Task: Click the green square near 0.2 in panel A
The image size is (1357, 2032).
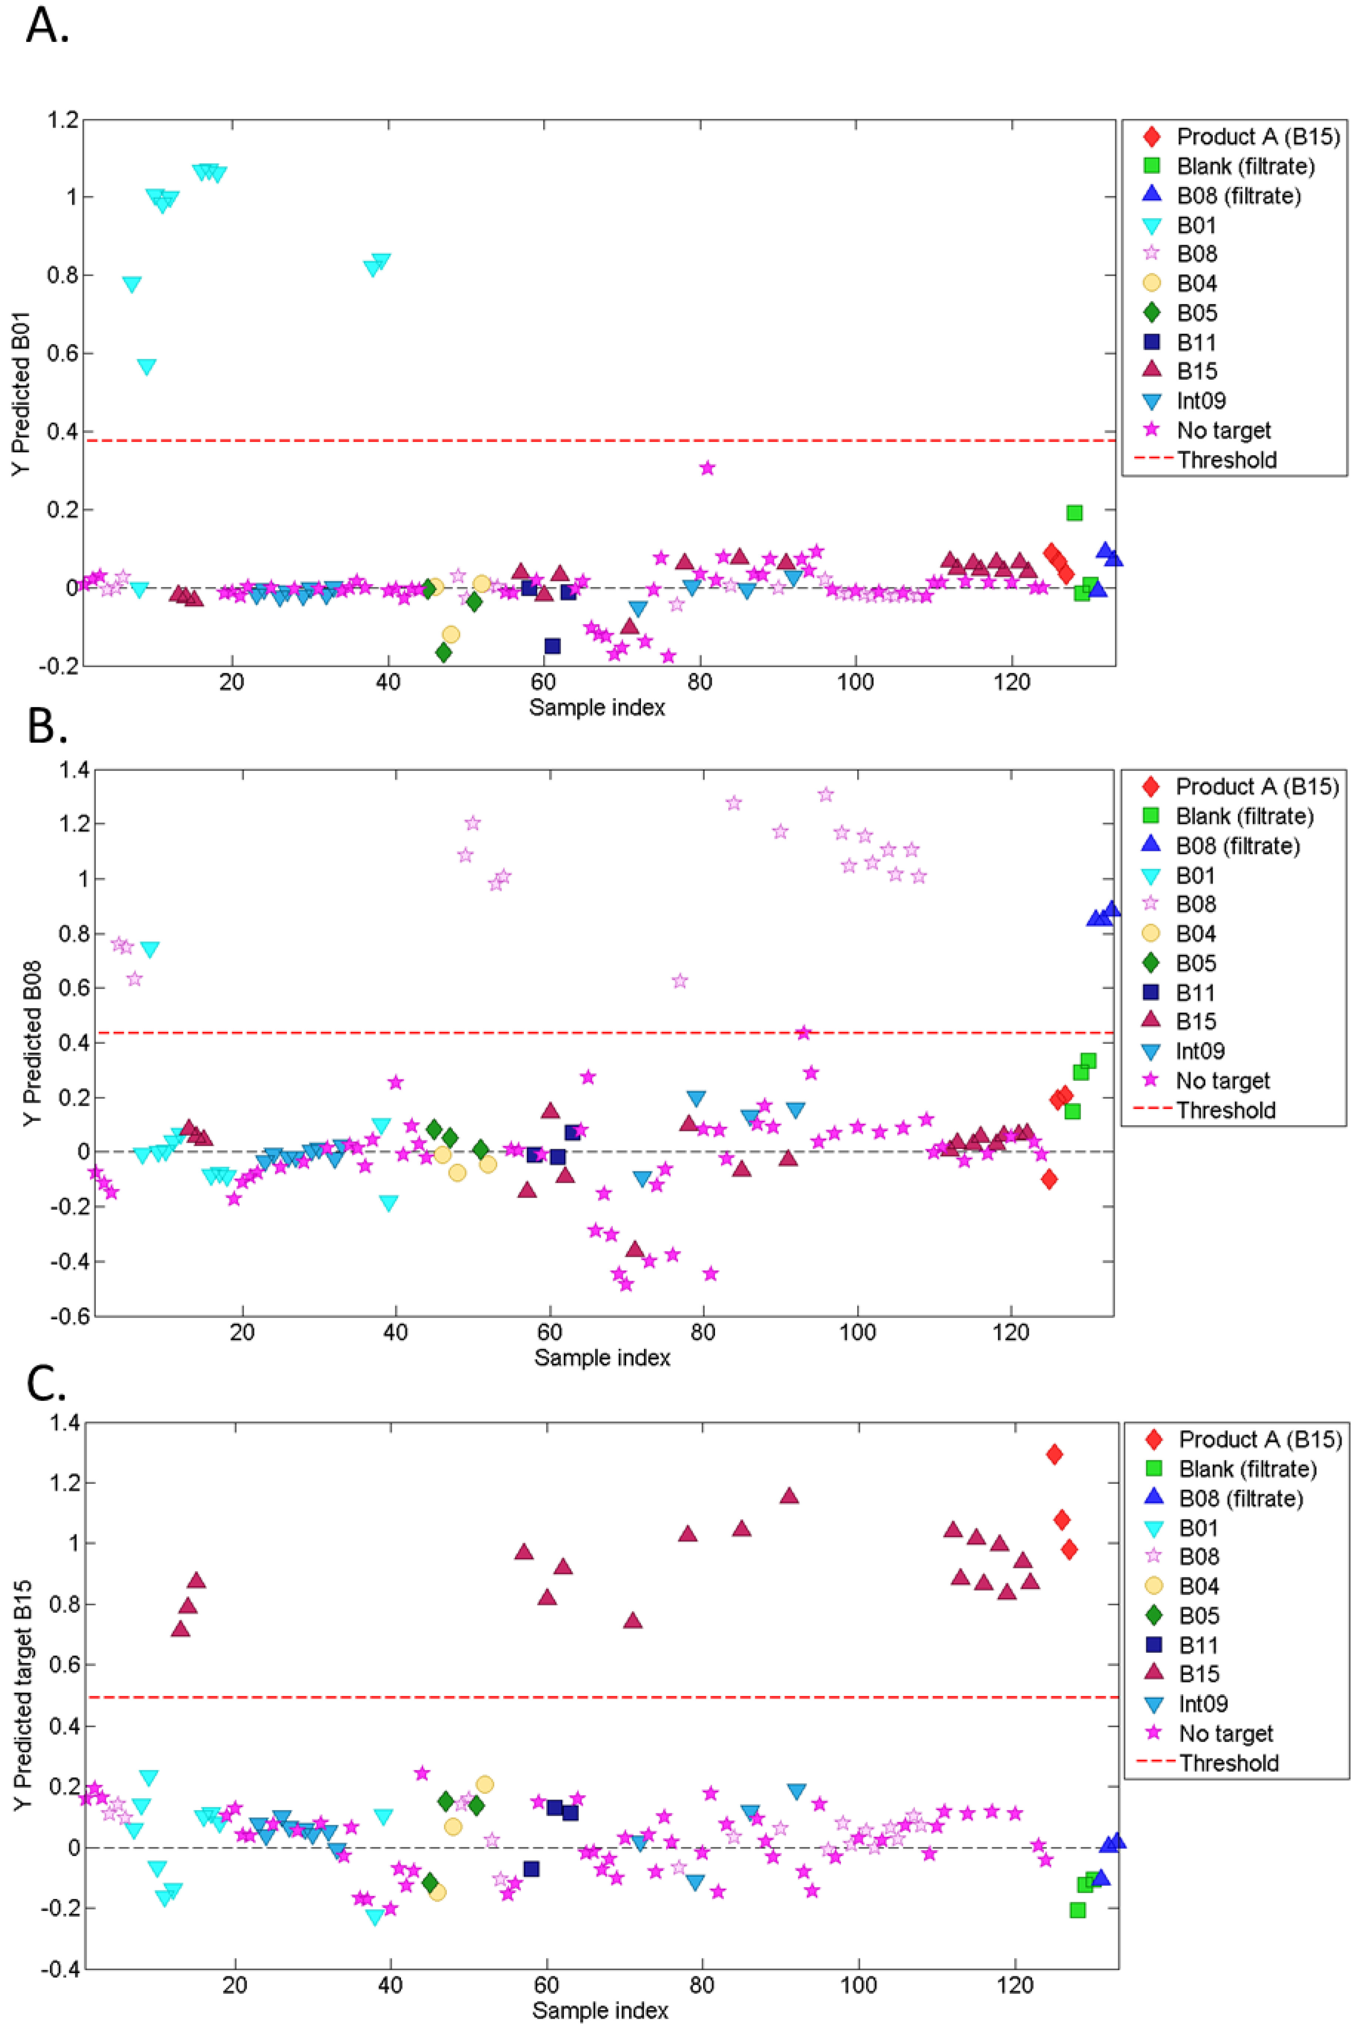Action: (1074, 512)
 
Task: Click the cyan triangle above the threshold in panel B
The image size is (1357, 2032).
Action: (150, 950)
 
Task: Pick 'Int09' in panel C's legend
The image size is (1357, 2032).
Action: (1203, 1704)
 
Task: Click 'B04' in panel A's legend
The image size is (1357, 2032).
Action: (1197, 283)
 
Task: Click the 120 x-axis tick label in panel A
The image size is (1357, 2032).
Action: (1012, 683)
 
